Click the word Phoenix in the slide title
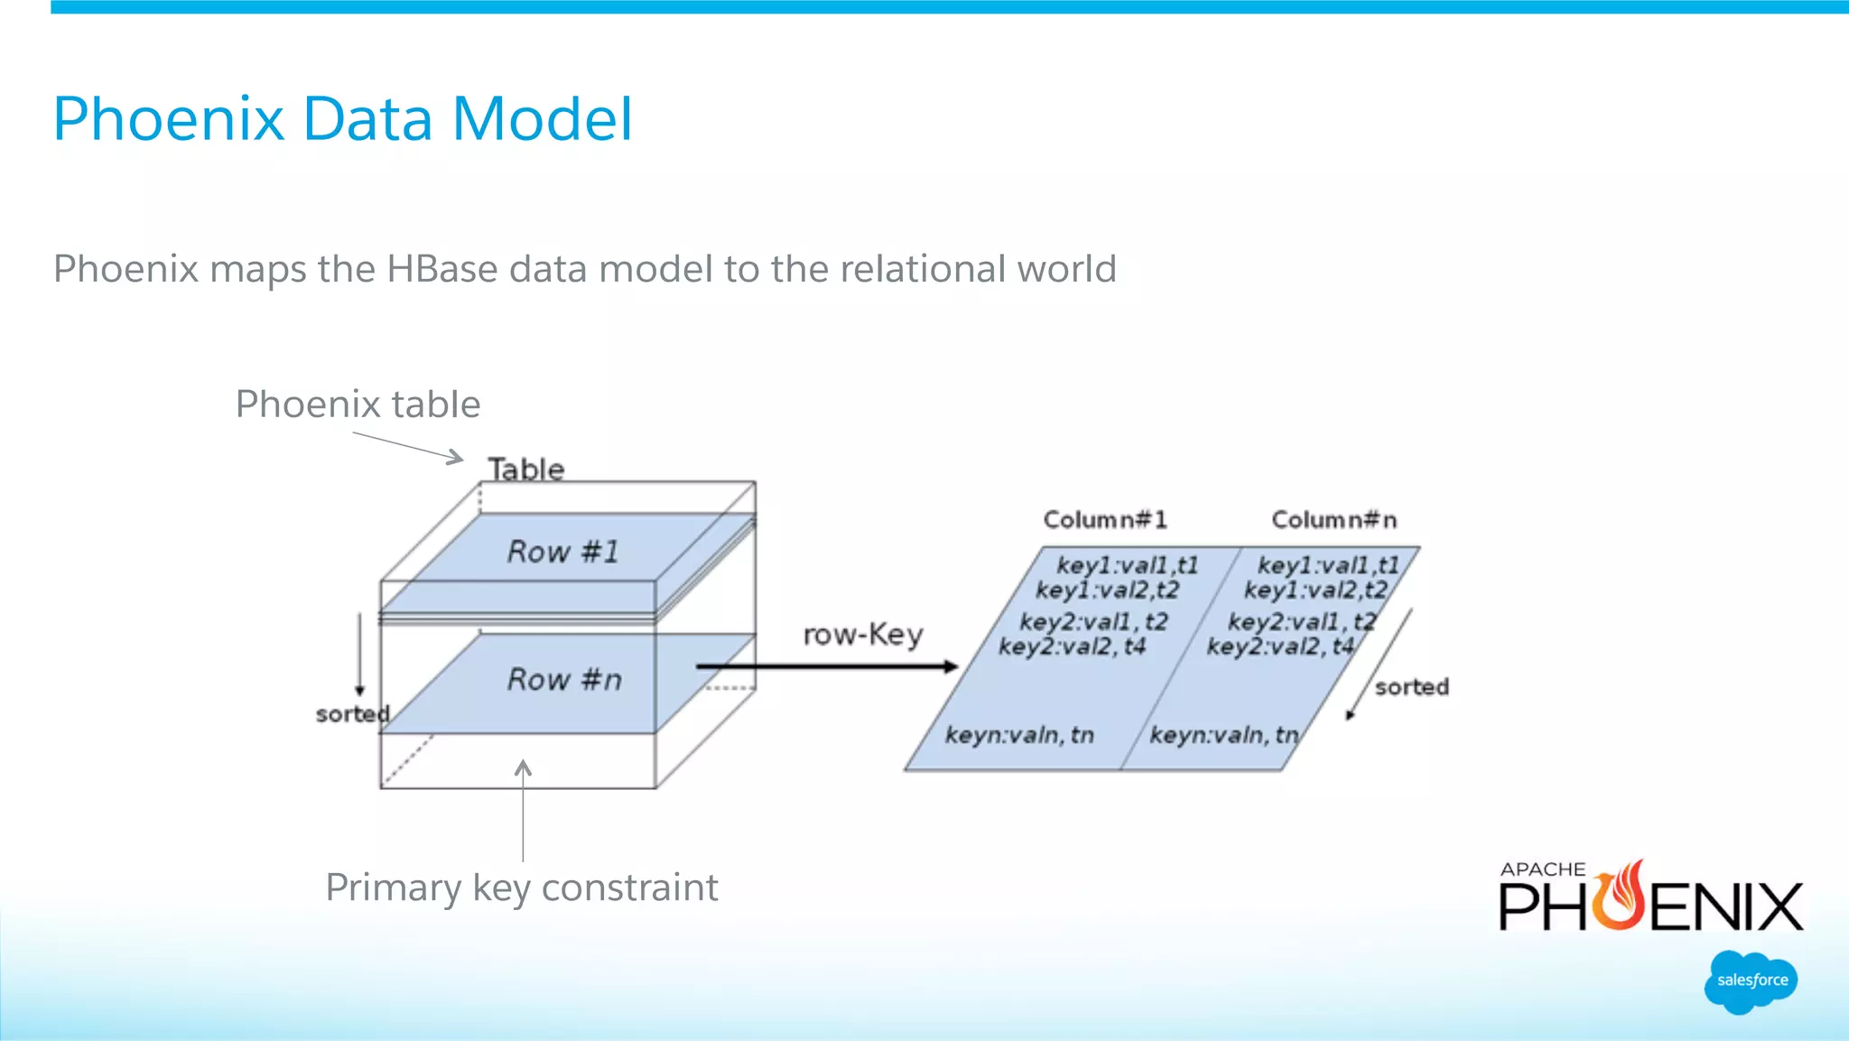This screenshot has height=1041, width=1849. (168, 119)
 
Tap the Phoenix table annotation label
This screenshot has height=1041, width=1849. (358, 404)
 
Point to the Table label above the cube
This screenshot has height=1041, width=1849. (526, 469)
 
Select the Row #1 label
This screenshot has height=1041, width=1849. (563, 551)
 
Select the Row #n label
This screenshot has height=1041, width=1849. (565, 679)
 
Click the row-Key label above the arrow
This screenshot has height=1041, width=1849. (863, 635)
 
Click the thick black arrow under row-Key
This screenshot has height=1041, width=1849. (826, 666)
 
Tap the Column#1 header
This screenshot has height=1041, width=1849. (1105, 519)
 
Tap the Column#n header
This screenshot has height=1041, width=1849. (1333, 519)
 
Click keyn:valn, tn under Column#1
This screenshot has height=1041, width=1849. (1019, 735)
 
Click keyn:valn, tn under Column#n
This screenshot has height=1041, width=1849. (1223, 735)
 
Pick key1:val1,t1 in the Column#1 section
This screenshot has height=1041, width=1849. (1127, 565)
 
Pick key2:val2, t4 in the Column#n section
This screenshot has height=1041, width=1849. (1280, 646)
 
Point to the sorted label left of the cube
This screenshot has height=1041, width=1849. (352, 714)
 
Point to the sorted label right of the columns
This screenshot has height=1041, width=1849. (1411, 687)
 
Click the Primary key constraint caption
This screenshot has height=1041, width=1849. (522, 888)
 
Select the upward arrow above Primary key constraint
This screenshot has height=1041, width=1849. (523, 808)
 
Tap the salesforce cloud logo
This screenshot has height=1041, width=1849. (1751, 981)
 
